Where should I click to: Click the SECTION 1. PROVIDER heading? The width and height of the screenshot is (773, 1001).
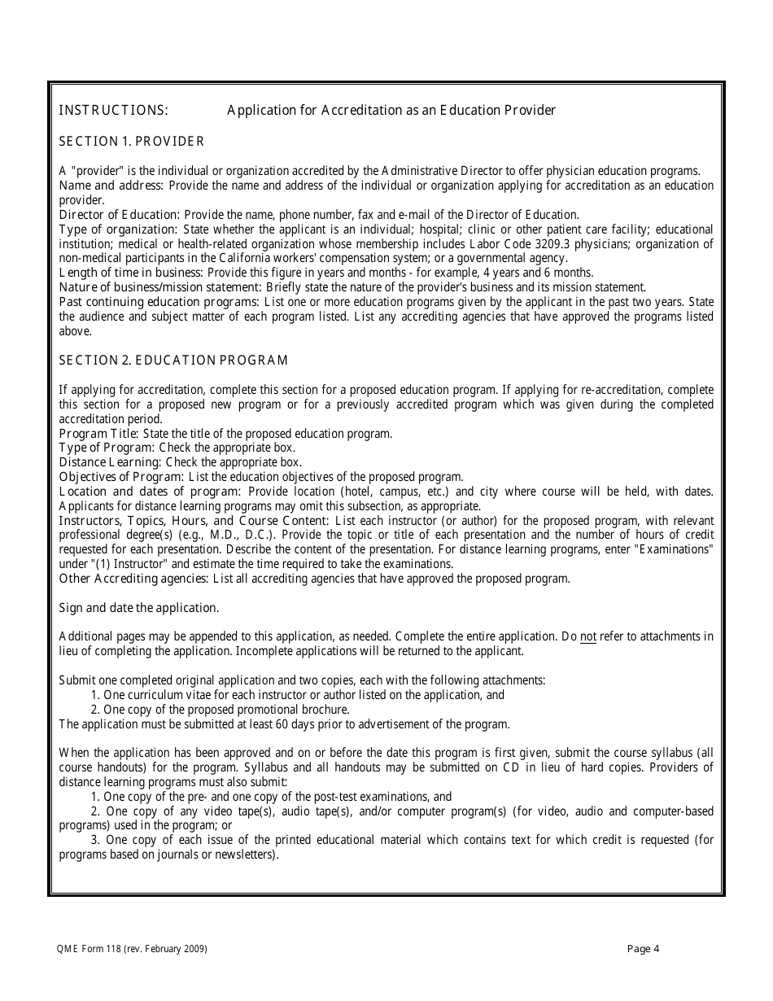[x=132, y=142]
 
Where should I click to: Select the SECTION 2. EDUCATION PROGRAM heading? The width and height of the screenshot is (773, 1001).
[x=174, y=360]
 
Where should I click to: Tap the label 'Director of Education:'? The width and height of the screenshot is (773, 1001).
[x=119, y=215]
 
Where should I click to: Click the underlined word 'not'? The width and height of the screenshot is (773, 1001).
[x=587, y=636]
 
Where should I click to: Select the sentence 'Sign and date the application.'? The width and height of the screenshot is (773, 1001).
[x=139, y=608]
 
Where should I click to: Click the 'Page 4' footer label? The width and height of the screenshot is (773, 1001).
[x=644, y=949]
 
